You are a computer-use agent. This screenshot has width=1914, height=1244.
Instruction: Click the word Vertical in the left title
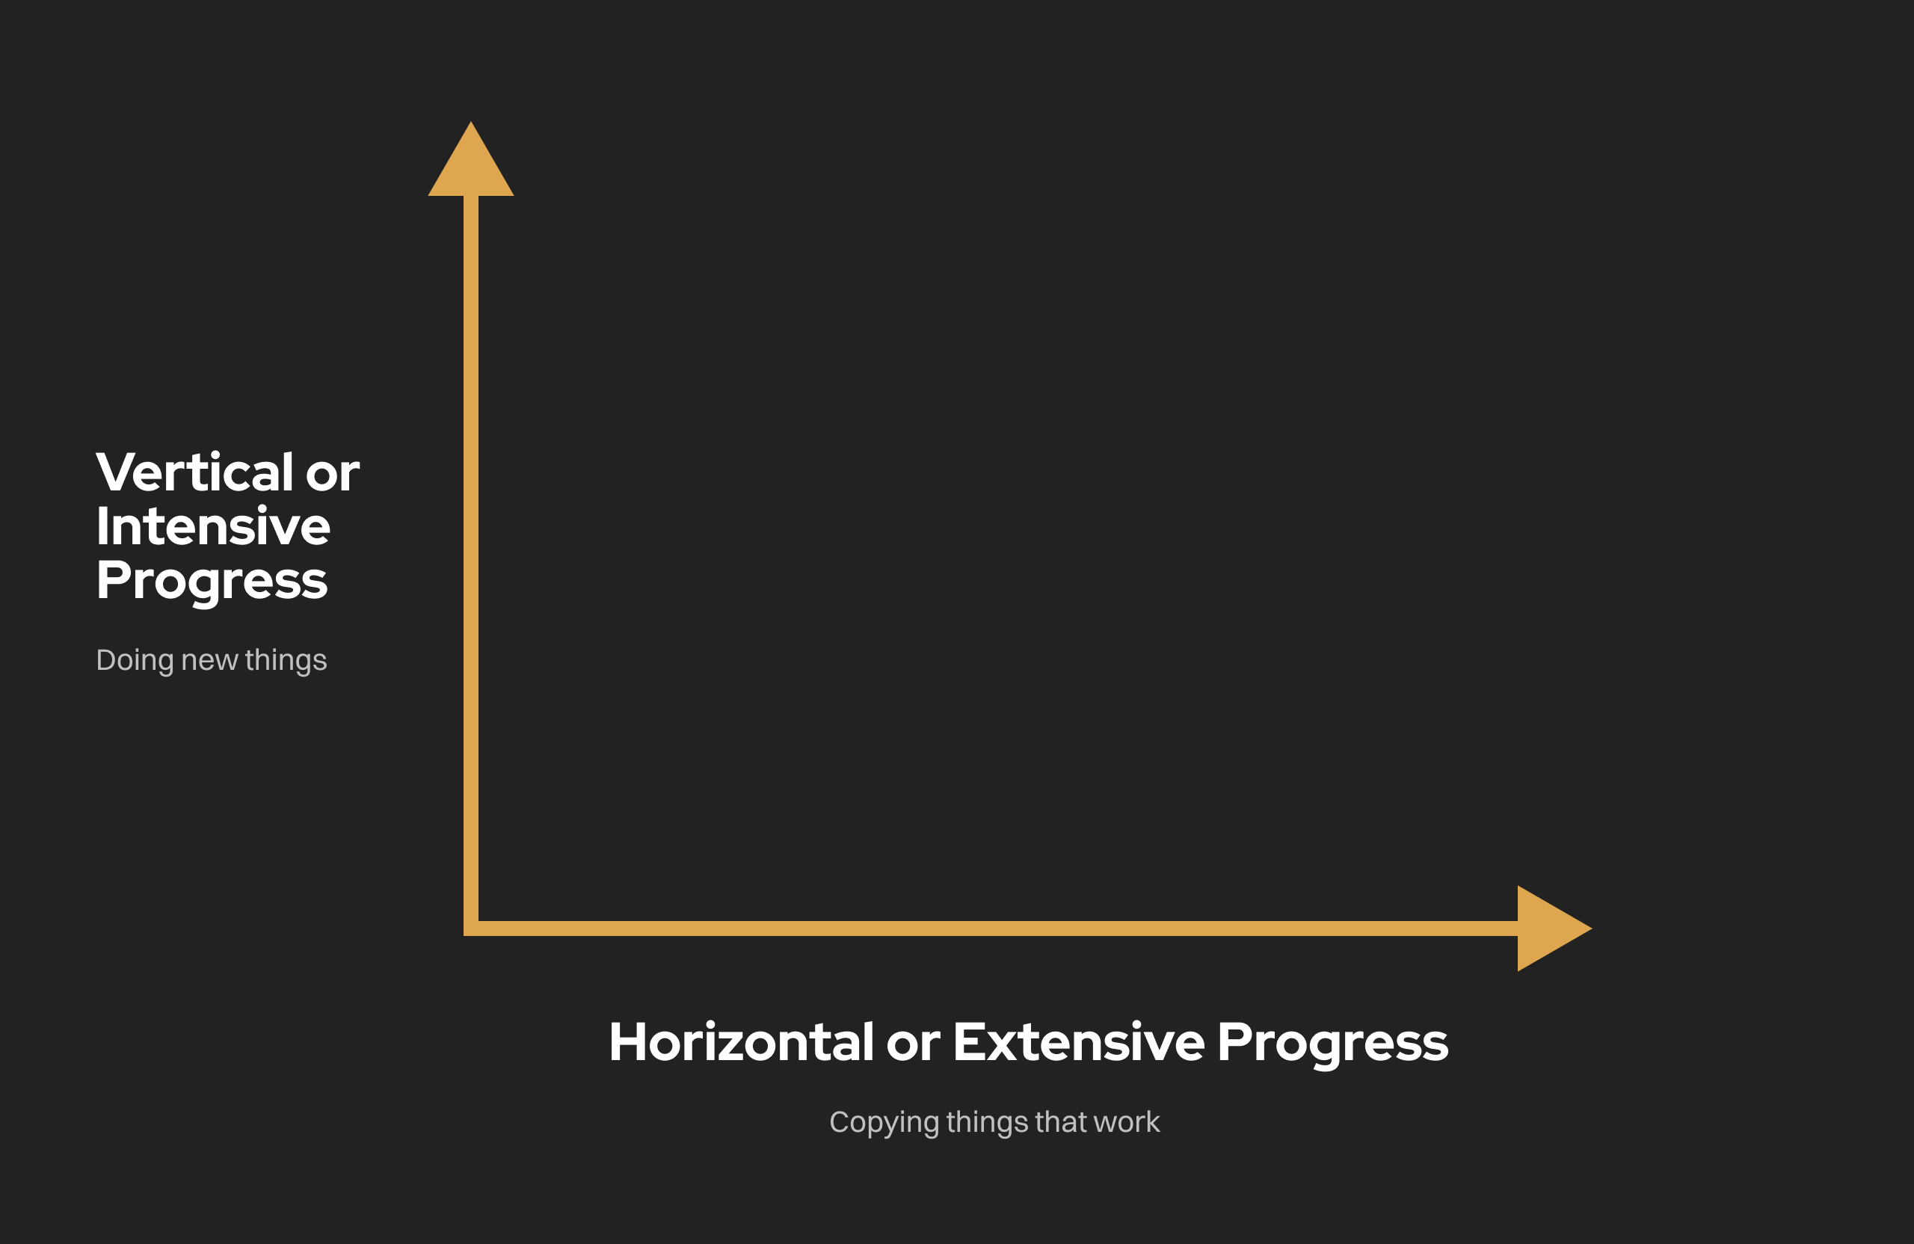pos(194,472)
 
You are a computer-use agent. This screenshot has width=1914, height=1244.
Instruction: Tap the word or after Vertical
pos(332,475)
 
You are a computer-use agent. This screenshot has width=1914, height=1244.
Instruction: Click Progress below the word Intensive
pos(212,582)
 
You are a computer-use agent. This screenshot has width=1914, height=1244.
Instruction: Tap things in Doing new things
pos(286,661)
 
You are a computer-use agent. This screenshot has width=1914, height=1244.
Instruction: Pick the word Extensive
pos(1079,1042)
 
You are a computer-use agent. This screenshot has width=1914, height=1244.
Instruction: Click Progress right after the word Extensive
pos(1332,1044)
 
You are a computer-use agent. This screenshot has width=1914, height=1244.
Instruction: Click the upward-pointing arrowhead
pos(470,165)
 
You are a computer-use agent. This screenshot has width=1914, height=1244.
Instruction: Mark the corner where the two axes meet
pos(471,929)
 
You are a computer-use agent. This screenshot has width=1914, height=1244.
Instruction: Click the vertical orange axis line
pos(471,563)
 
